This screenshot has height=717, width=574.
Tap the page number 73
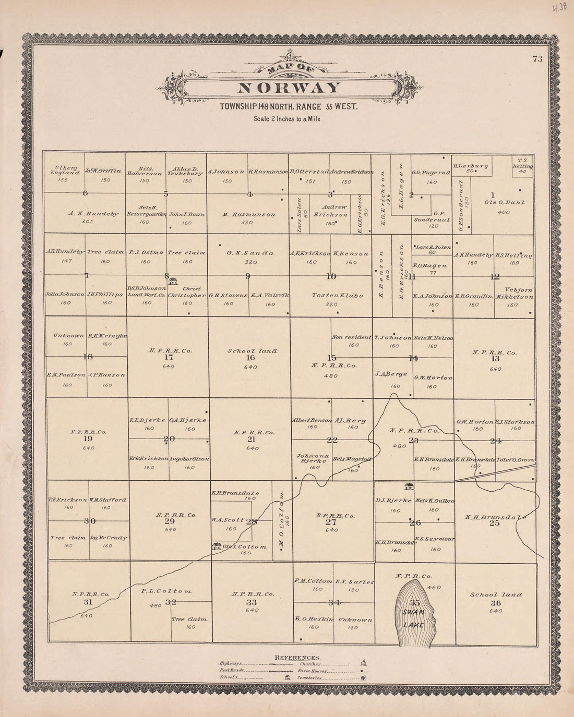click(537, 59)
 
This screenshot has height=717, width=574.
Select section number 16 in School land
click(250, 358)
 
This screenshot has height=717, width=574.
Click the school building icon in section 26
click(410, 487)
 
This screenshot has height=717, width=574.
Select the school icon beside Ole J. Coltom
click(217, 546)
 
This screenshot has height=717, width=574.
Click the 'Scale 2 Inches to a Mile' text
click(286, 118)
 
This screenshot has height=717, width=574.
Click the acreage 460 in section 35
click(433, 587)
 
